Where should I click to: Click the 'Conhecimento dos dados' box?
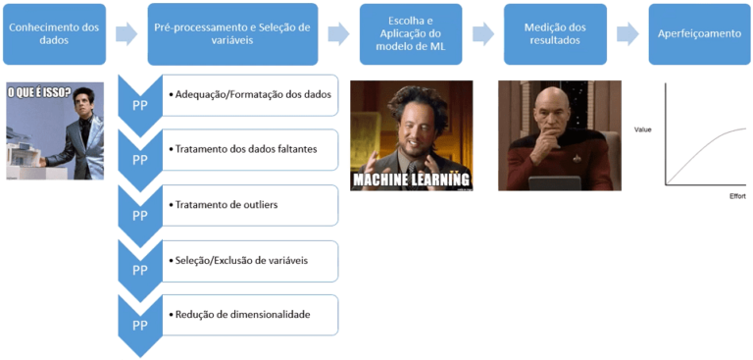tap(55, 33)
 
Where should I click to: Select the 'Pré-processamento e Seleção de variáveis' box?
tap(233, 33)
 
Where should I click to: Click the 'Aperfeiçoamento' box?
tap(700, 33)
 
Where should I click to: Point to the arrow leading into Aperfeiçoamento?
tap(628, 33)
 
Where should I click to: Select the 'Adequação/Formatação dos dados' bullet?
tap(250, 94)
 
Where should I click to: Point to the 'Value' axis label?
tap(643, 129)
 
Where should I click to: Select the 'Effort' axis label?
tap(736, 196)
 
